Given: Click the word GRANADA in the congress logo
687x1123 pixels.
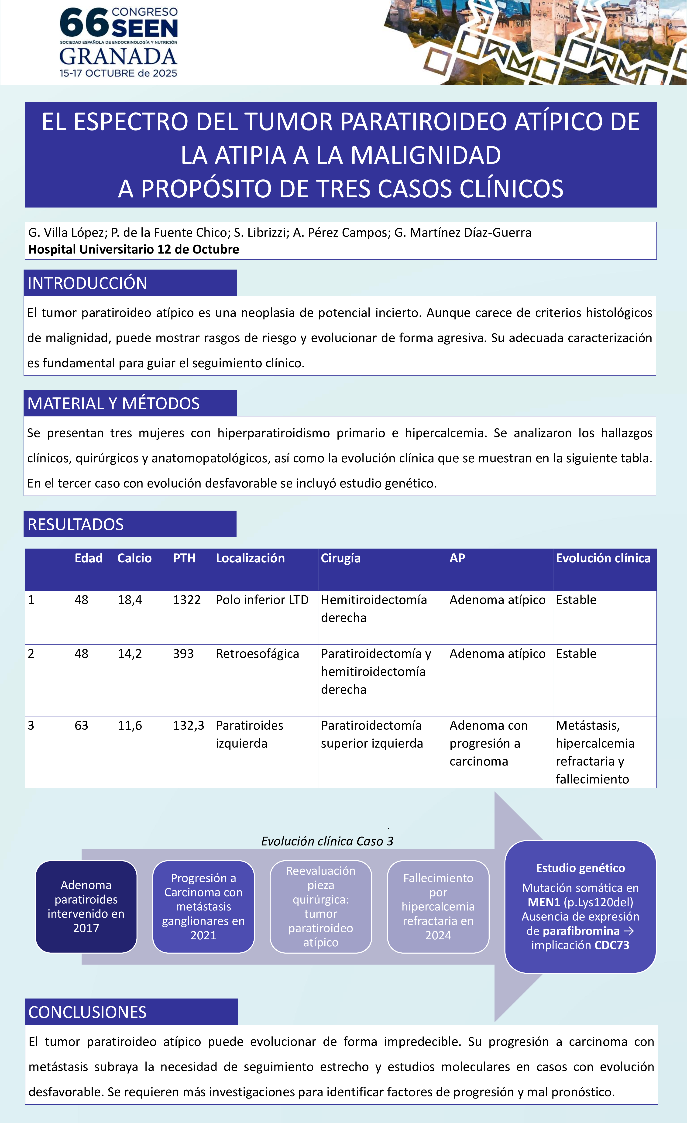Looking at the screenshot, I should point(118,57).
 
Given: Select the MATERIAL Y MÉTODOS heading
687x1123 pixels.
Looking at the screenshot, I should point(113,403).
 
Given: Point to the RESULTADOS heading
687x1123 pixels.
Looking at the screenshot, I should point(76,524).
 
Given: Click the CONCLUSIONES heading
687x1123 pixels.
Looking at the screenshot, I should point(88,1012).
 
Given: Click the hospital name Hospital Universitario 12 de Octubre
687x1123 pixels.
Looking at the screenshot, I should point(134,249).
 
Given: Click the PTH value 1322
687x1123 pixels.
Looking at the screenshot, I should point(187,600).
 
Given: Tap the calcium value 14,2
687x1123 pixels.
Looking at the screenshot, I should point(130,654).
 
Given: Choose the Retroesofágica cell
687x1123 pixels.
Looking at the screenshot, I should point(257,654).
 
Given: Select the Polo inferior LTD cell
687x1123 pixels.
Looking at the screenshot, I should point(262,600).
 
